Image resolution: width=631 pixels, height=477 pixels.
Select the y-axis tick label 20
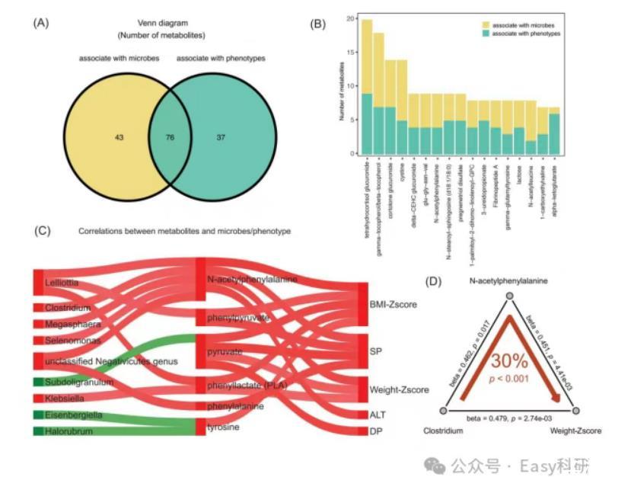[349, 18]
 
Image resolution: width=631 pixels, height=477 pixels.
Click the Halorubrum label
[66, 431]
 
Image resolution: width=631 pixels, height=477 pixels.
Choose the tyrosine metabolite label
[224, 427]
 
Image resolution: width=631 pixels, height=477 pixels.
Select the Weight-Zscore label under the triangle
[575, 431]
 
